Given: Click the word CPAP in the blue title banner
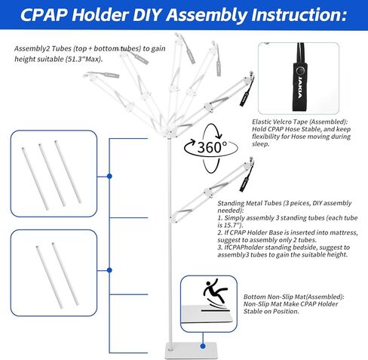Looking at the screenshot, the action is [44, 14].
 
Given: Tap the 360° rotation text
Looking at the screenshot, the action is [212, 147].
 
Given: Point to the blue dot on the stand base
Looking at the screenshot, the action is [203, 346].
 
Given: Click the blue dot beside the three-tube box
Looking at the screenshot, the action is [109, 177].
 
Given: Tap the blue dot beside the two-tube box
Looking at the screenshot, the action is [109, 270].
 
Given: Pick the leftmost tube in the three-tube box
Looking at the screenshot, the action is [35, 179].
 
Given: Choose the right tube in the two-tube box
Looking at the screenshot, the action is [66, 274].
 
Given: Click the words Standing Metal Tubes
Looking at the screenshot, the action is [250, 203].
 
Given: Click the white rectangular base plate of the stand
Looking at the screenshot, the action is [192, 350].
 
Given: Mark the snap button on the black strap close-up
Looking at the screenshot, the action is [299, 70].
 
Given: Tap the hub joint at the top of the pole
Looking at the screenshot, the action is [170, 133].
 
